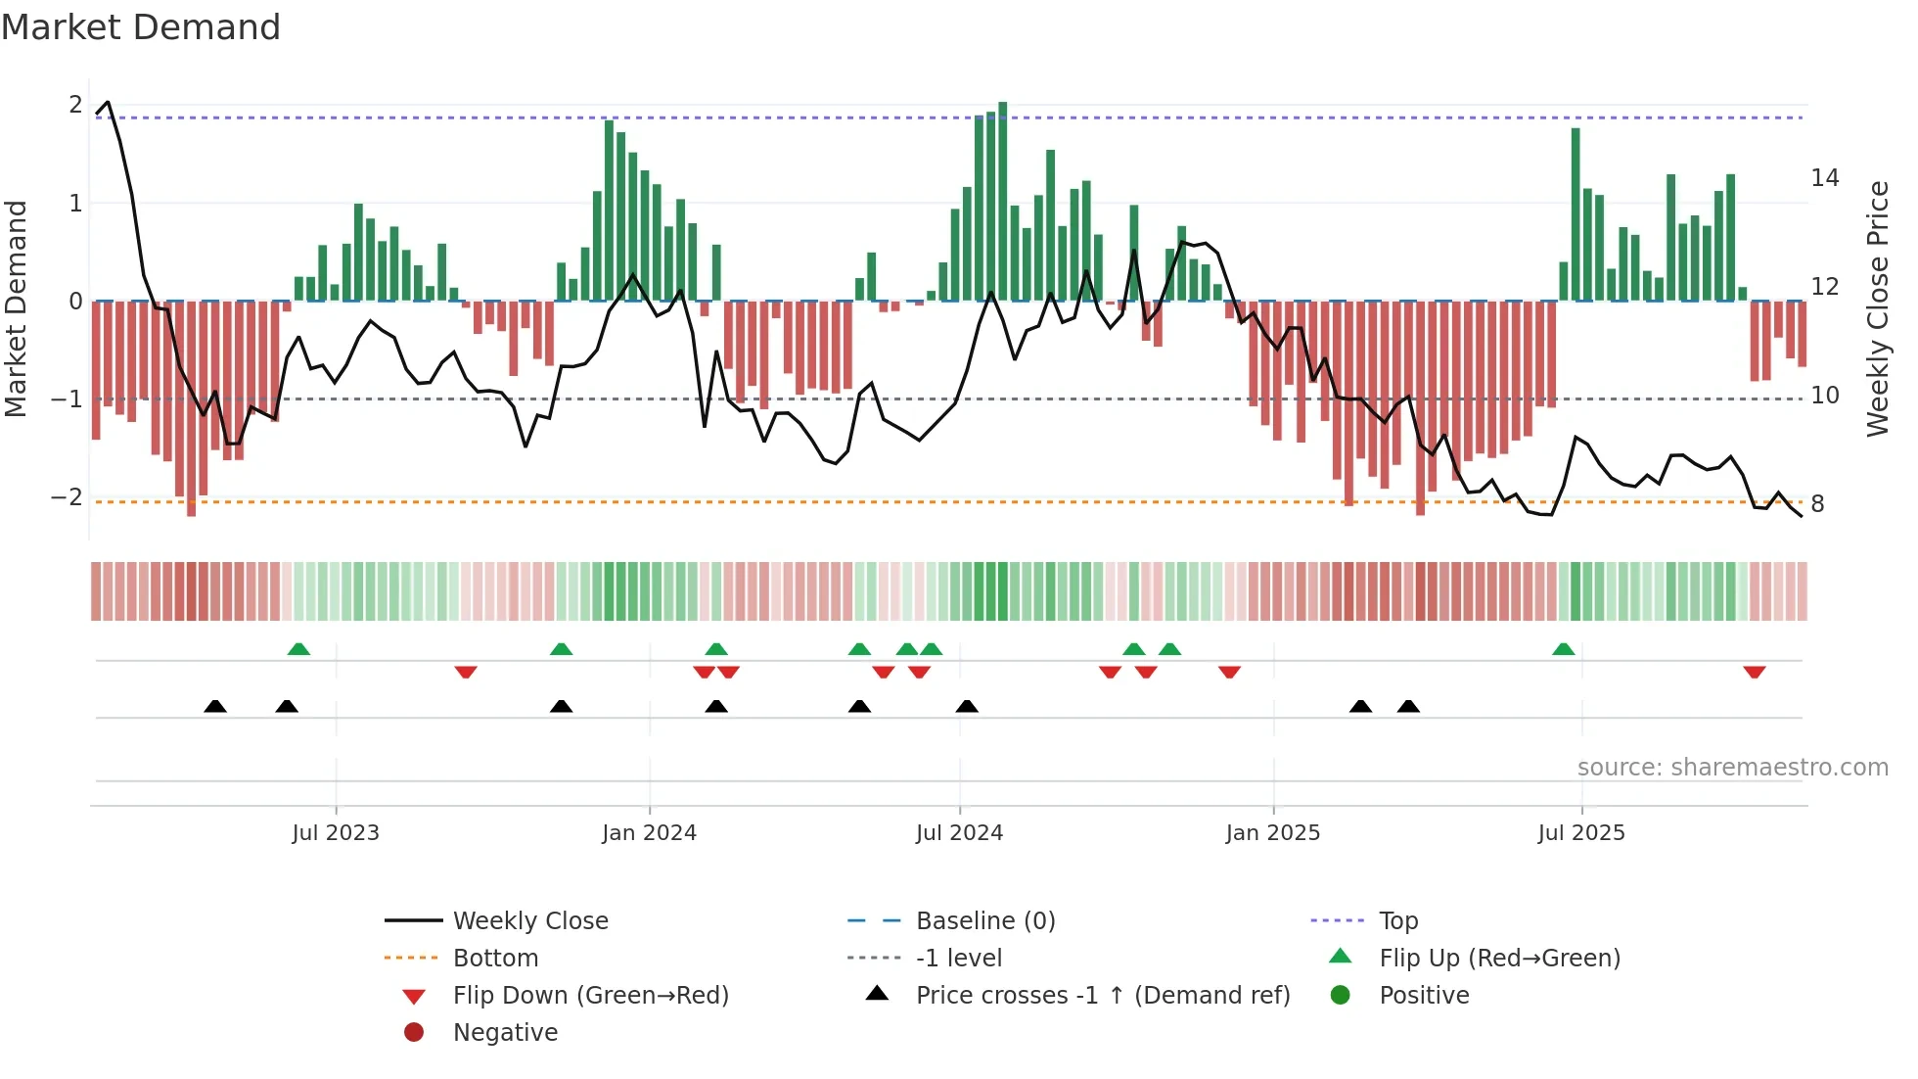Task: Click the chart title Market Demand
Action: (x=141, y=27)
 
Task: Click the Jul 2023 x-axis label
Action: (x=335, y=833)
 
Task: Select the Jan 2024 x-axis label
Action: (x=649, y=833)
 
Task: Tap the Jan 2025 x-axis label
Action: (x=1272, y=833)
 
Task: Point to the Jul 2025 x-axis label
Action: (x=1580, y=833)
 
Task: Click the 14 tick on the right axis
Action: (x=1824, y=178)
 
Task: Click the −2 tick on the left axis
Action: (x=67, y=497)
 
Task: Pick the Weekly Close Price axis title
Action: (x=1877, y=308)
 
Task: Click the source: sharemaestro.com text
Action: (x=1732, y=768)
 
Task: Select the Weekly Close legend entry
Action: (x=529, y=921)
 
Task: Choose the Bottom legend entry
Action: (x=495, y=959)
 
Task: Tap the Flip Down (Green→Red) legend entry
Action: (x=590, y=996)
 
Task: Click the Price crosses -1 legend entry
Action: (x=1102, y=996)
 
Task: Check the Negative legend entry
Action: (x=505, y=1033)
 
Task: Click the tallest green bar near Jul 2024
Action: (x=1002, y=201)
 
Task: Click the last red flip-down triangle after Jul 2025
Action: (x=1754, y=672)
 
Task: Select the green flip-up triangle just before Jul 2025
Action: (x=1563, y=649)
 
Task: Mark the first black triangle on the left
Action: (x=215, y=706)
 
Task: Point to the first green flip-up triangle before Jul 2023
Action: (x=298, y=649)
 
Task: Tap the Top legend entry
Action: (x=1397, y=921)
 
